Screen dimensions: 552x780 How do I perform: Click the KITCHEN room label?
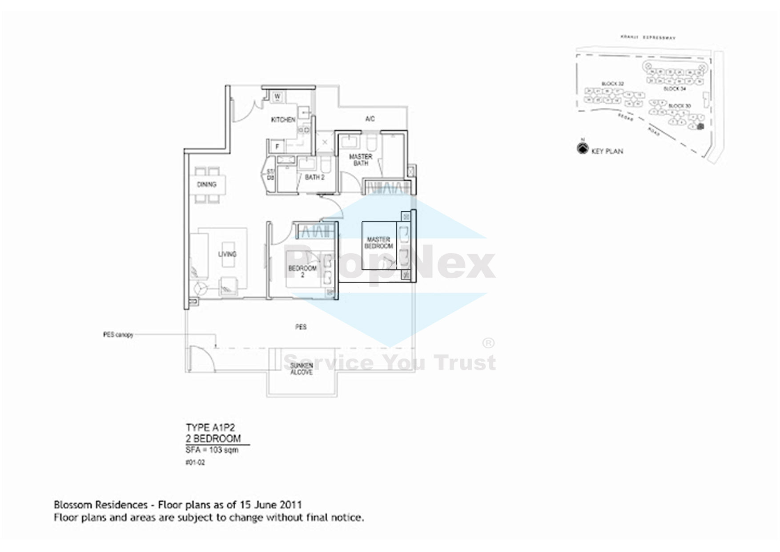(x=283, y=120)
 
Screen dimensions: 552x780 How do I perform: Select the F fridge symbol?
(x=277, y=146)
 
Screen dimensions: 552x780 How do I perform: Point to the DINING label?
(x=206, y=184)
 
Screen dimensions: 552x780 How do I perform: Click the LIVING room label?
(x=227, y=254)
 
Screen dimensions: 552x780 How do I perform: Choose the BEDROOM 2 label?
(x=302, y=272)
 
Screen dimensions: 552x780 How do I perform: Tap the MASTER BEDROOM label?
(x=379, y=243)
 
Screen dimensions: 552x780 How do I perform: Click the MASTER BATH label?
(x=361, y=160)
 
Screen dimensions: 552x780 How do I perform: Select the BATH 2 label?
(x=314, y=177)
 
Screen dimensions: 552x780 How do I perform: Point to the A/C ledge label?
(x=370, y=119)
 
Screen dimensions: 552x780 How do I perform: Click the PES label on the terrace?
(x=301, y=327)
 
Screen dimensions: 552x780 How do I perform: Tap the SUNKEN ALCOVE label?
(x=302, y=369)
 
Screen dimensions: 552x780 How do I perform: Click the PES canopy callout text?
(x=118, y=335)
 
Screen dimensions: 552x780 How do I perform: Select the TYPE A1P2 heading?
(x=210, y=428)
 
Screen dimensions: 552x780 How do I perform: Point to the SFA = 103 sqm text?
(x=212, y=450)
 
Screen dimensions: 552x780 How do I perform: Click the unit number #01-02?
(x=195, y=463)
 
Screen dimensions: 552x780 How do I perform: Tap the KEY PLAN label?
(x=607, y=151)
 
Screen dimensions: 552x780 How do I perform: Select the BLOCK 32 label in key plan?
(x=613, y=84)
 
